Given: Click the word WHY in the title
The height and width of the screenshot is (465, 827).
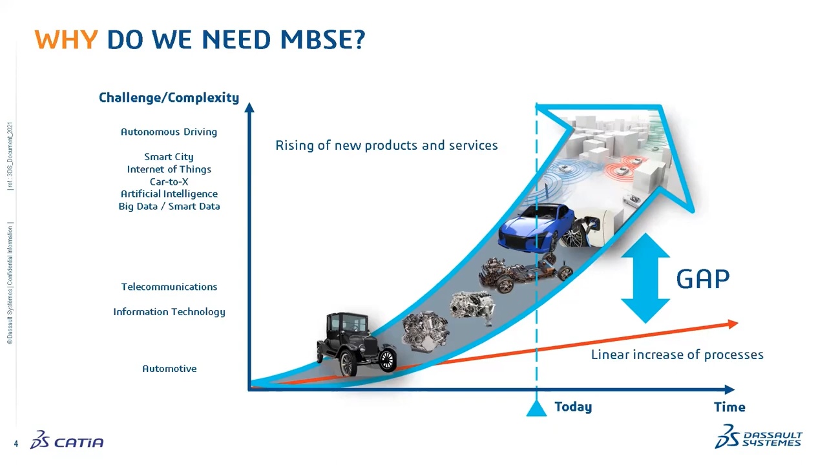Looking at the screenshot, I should (x=66, y=40).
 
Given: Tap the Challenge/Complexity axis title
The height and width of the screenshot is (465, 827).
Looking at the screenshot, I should (x=169, y=98).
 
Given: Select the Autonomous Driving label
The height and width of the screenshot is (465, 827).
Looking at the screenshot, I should (x=169, y=132).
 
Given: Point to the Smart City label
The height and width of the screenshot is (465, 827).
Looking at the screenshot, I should (x=169, y=157).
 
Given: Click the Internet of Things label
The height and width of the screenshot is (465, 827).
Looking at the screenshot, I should (x=169, y=169).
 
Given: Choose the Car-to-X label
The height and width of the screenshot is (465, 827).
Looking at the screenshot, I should (x=169, y=181).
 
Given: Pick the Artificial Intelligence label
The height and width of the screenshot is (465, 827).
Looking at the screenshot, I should (x=169, y=194).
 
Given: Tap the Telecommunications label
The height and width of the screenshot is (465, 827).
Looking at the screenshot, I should (x=169, y=287).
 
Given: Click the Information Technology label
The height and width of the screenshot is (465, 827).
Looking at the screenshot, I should (x=169, y=312).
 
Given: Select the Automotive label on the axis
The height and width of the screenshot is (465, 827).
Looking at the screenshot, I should (x=169, y=369).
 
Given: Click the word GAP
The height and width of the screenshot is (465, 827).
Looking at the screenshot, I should (x=703, y=279).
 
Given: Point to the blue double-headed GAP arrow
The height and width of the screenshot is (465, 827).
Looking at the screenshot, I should (x=645, y=278).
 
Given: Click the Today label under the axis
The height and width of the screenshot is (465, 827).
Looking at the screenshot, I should (x=573, y=407).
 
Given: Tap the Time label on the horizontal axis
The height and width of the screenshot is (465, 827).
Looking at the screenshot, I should (x=729, y=408).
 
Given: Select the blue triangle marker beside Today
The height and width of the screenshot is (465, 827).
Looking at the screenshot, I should (x=536, y=409).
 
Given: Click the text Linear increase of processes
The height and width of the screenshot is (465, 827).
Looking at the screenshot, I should (x=677, y=355).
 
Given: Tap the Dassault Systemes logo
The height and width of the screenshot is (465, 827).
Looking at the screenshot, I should (x=759, y=437).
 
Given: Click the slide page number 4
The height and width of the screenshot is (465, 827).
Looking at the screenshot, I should (x=16, y=444).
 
